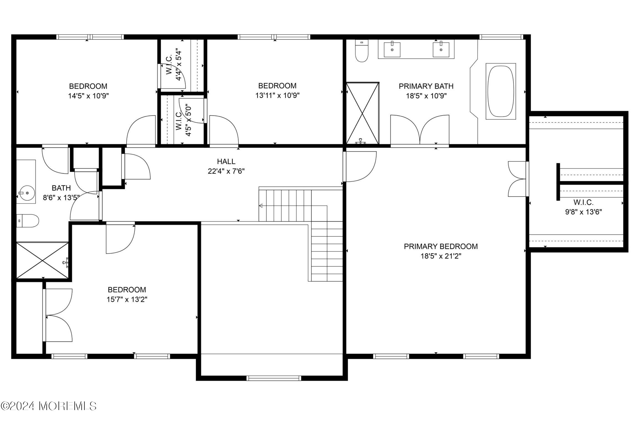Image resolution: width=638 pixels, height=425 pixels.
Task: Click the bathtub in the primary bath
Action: (500, 91)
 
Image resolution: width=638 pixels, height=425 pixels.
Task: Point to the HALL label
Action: (226, 161)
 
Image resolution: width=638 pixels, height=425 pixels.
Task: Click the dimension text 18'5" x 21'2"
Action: (441, 256)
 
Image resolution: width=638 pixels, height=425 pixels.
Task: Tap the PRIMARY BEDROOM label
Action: (441, 246)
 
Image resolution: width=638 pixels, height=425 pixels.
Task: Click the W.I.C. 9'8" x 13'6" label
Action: (583, 207)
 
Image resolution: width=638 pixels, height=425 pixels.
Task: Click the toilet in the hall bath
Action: (28, 221)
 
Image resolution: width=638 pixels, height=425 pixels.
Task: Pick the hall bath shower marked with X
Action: (42, 260)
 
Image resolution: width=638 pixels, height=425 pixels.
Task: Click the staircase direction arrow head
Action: (261, 206)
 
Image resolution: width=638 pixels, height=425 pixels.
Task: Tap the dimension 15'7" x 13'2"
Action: (127, 299)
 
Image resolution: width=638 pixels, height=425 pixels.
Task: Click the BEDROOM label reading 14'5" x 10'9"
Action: (88, 86)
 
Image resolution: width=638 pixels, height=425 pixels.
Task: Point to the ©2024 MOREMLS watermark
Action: (49, 406)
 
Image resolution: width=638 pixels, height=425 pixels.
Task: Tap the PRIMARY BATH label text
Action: (426, 86)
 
